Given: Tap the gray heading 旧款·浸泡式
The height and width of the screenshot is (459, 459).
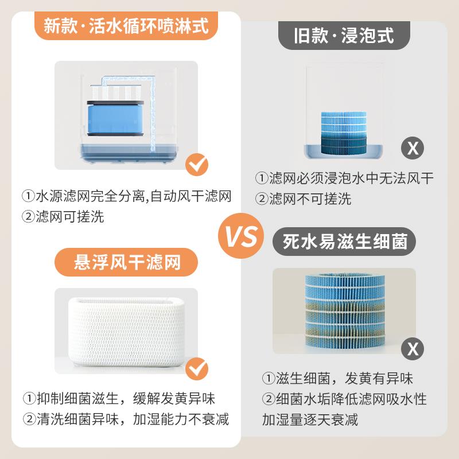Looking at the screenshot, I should (344, 36).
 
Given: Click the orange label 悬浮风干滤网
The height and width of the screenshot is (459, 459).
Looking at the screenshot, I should (127, 263).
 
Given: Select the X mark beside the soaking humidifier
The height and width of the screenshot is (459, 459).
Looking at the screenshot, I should (412, 148).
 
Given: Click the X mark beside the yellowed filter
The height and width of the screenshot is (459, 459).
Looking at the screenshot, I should (412, 347).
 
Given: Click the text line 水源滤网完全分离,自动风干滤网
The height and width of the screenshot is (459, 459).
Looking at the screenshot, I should (127, 197).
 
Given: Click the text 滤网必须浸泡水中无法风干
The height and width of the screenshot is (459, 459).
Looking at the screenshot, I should (344, 178).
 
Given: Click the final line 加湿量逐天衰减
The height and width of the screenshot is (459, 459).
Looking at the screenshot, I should (310, 419).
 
